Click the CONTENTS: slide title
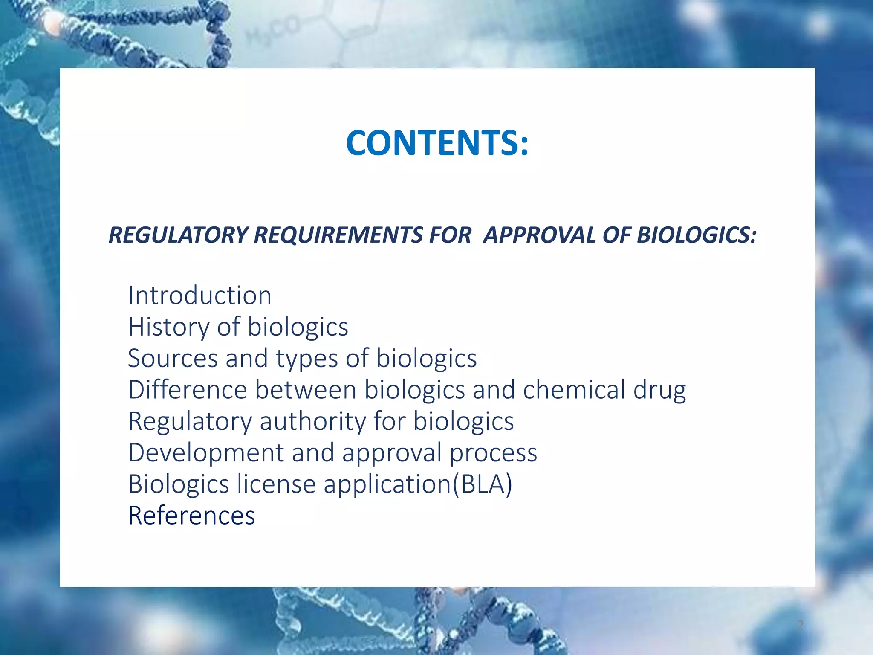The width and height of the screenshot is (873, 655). tap(437, 143)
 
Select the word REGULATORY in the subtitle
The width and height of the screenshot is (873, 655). tap(179, 235)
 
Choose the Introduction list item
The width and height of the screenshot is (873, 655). tap(199, 296)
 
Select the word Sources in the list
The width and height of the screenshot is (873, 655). tap(173, 358)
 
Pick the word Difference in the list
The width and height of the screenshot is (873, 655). tap(188, 390)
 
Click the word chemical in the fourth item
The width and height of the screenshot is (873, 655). tap(574, 390)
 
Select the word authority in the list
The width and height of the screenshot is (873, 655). tap(312, 422)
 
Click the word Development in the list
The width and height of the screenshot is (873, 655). tap(206, 453)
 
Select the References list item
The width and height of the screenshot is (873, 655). tap(191, 516)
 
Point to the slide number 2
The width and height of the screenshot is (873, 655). tap(800, 625)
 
